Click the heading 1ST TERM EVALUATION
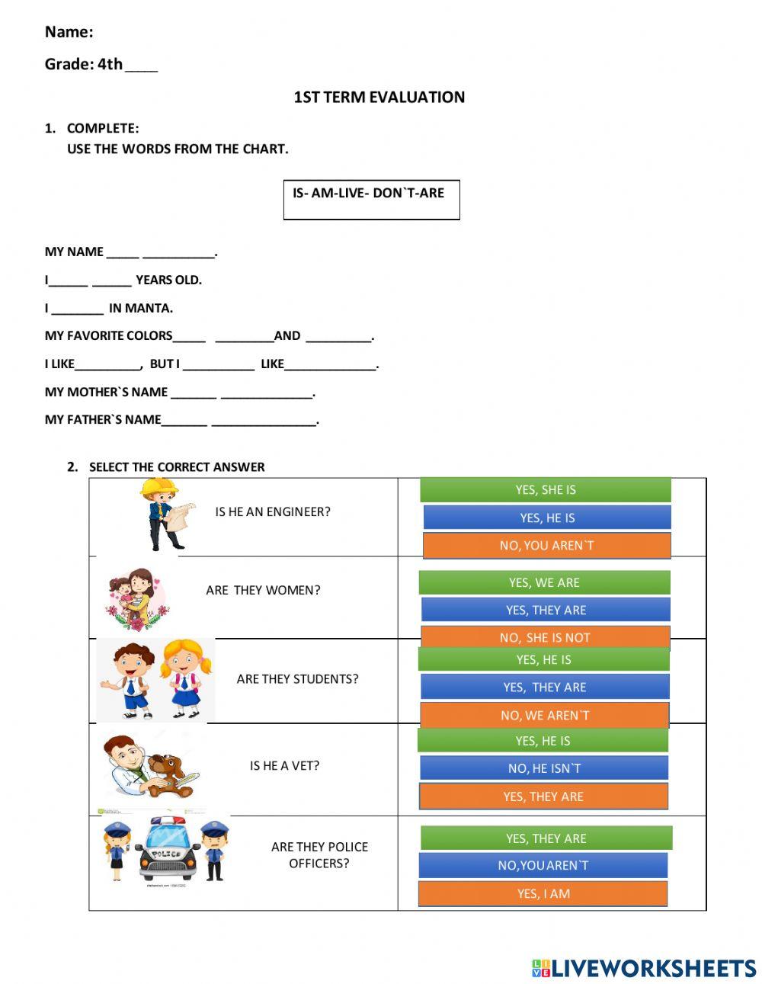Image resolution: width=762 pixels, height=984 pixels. (x=379, y=98)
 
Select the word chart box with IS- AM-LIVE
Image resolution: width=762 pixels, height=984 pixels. (x=371, y=199)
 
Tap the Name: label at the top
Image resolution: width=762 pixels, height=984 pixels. (x=69, y=32)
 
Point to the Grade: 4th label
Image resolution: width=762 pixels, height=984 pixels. (x=84, y=65)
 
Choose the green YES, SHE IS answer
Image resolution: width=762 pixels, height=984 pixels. (x=545, y=490)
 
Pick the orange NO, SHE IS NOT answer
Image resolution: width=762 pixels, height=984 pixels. (x=545, y=637)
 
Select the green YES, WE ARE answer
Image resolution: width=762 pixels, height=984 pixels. (x=544, y=582)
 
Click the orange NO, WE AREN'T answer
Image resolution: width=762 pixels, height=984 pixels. (x=544, y=715)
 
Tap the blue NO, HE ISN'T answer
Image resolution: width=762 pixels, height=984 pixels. (x=544, y=768)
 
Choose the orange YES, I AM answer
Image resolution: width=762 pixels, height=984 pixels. (x=543, y=893)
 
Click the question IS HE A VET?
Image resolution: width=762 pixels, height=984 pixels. (x=284, y=765)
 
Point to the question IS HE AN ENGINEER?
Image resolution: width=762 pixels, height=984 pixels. (x=273, y=512)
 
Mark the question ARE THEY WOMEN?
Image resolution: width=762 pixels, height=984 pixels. (x=263, y=590)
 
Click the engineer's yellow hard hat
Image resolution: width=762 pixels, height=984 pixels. (x=160, y=486)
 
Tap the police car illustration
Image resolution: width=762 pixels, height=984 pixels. (x=166, y=850)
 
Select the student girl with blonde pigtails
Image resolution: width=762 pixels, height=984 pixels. (x=184, y=677)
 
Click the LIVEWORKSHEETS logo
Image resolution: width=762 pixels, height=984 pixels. (x=643, y=968)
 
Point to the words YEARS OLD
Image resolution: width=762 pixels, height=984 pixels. (x=168, y=280)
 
